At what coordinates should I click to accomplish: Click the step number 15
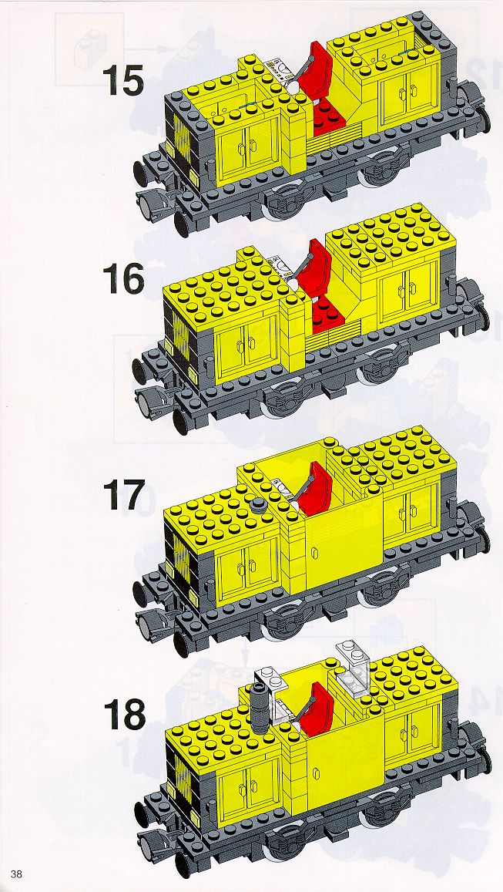click(x=123, y=82)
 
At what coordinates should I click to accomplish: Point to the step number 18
click(x=124, y=715)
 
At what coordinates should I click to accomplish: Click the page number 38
click(x=16, y=873)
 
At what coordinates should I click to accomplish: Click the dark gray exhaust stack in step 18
click(x=259, y=708)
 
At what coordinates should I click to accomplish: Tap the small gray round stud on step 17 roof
click(x=259, y=504)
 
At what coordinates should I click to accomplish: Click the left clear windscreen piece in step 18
click(x=274, y=691)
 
